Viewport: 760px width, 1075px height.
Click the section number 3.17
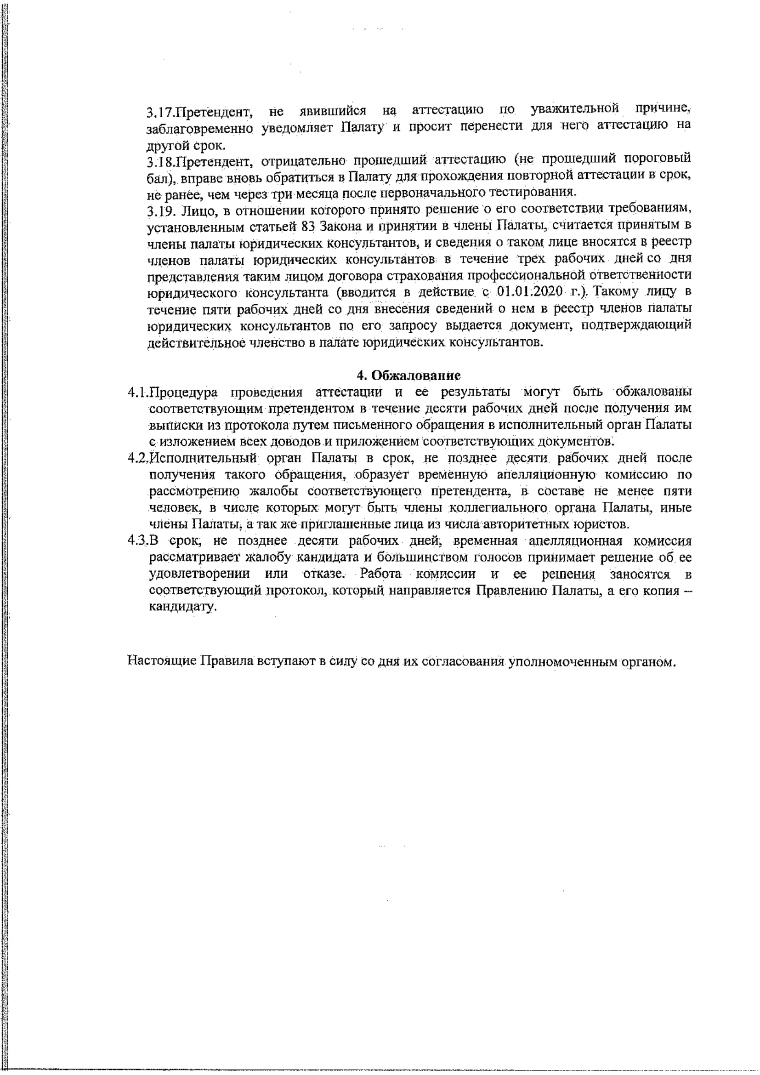(156, 113)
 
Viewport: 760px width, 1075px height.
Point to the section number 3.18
(156, 162)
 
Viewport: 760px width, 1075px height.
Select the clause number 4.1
(137, 392)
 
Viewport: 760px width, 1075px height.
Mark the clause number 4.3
(137, 541)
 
